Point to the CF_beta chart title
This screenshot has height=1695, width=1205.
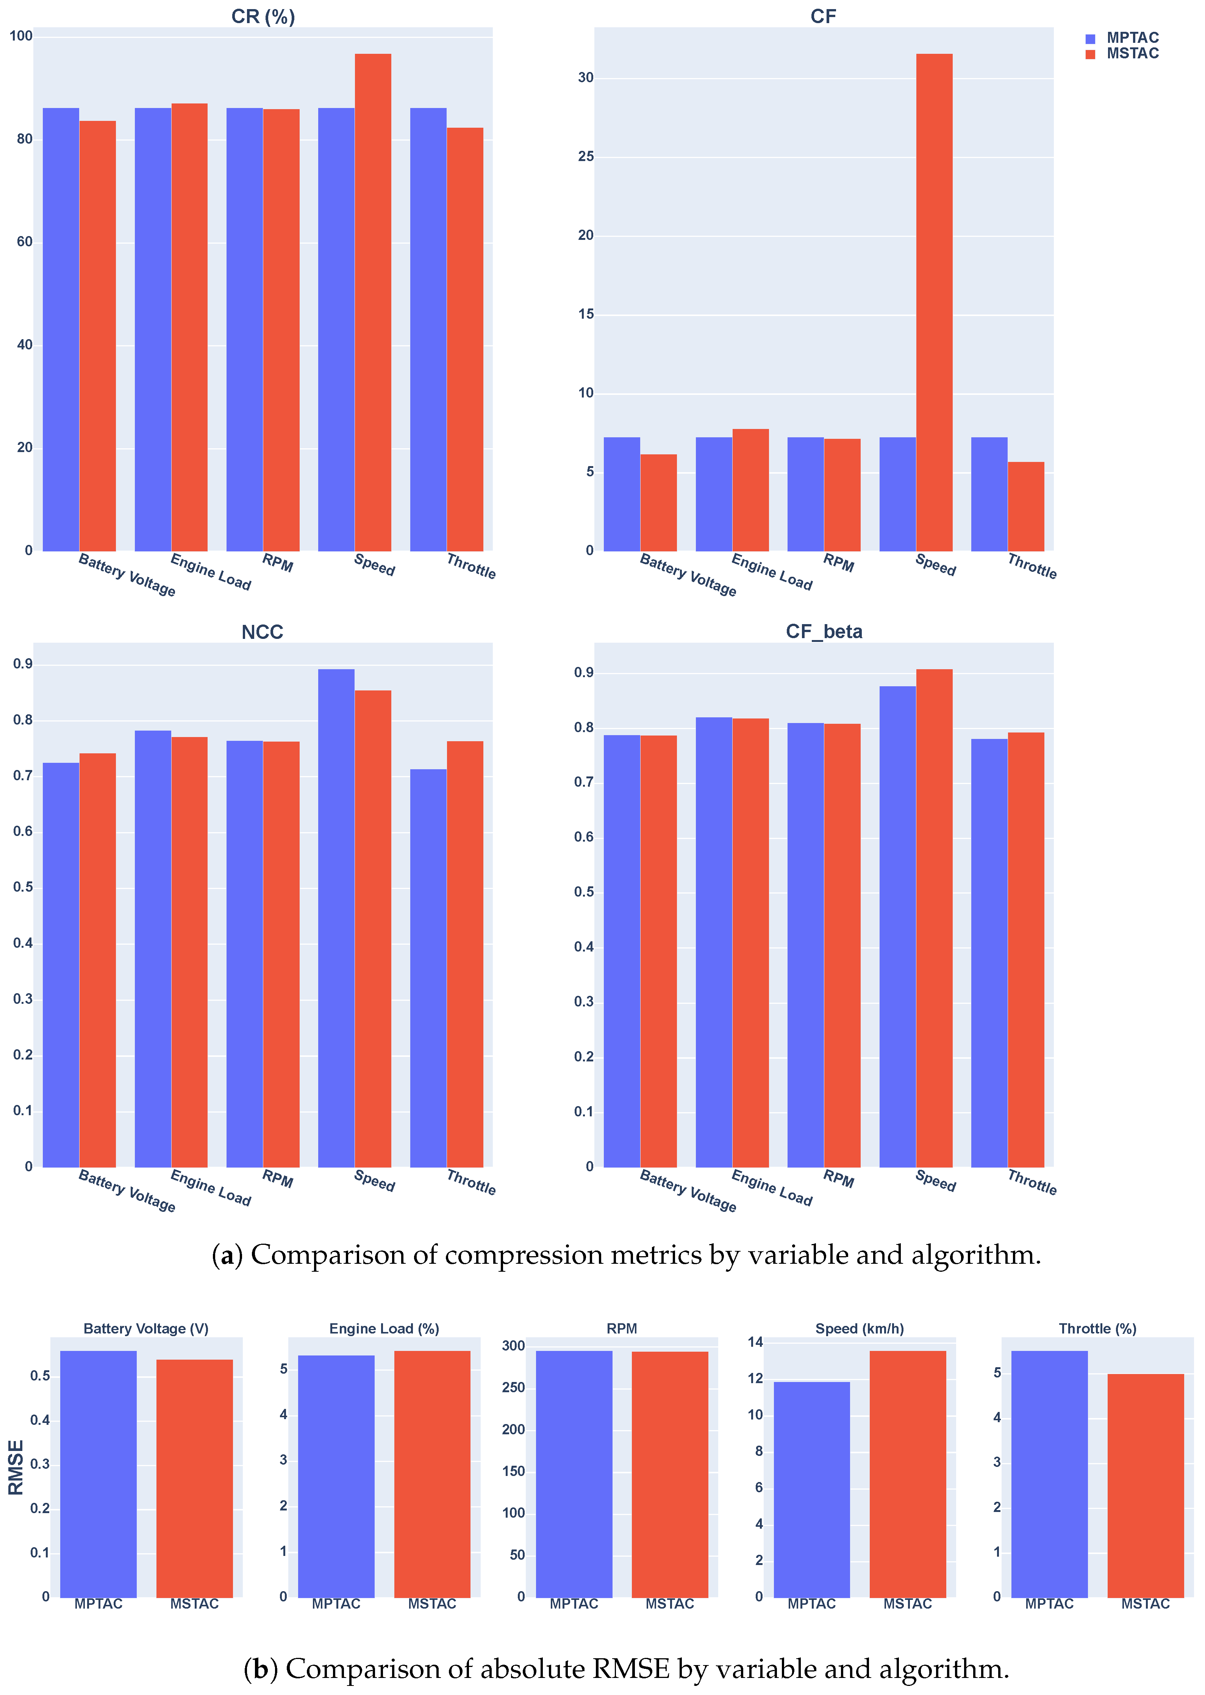824,632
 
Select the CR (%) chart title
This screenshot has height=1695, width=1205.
263,16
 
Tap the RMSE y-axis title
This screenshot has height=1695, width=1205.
16,1467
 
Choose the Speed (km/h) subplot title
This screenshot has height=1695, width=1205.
859,1329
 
